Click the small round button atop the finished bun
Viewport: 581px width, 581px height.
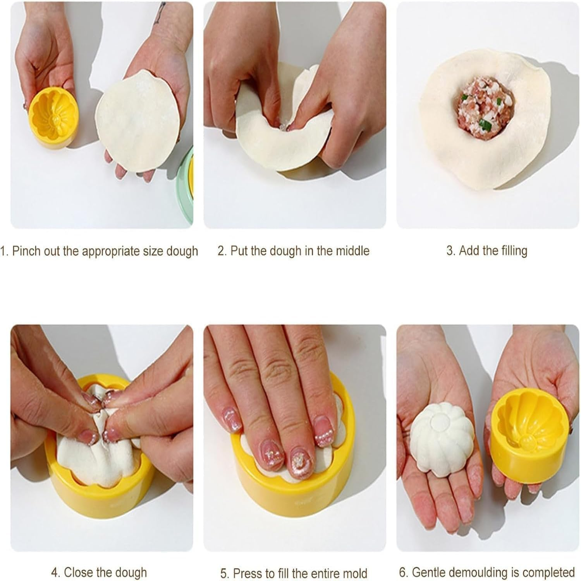tap(438, 419)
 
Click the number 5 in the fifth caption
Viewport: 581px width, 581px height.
tap(223, 573)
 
